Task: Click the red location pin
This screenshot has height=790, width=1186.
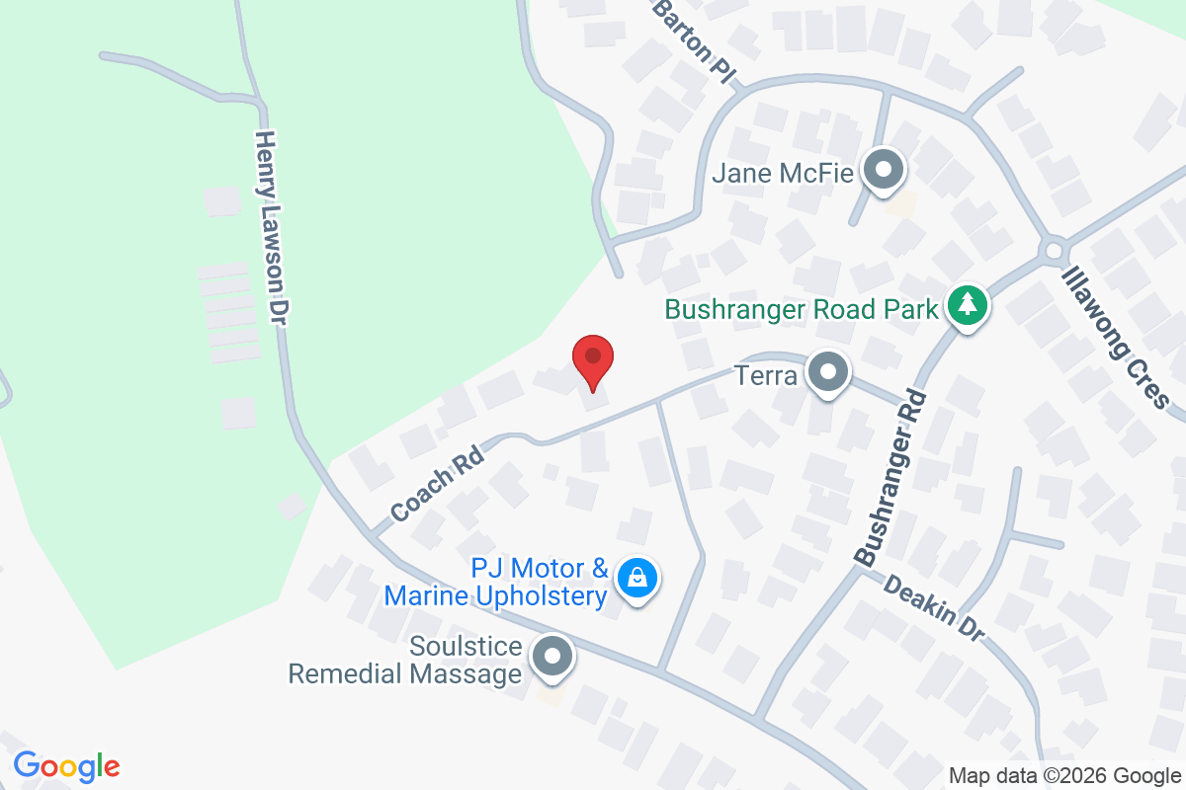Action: tap(593, 360)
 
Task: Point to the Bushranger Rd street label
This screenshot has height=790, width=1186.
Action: tap(891, 478)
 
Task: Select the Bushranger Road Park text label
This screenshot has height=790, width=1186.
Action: tap(801, 309)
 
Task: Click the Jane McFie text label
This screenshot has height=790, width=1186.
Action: tap(783, 175)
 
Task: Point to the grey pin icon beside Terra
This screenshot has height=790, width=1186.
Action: tap(827, 373)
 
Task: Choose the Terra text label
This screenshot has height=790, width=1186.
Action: tap(766, 375)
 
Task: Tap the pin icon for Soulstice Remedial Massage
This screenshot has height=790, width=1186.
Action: tap(551, 657)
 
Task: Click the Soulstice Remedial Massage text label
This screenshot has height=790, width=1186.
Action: tap(405, 661)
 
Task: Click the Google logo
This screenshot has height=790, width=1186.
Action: tap(66, 765)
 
